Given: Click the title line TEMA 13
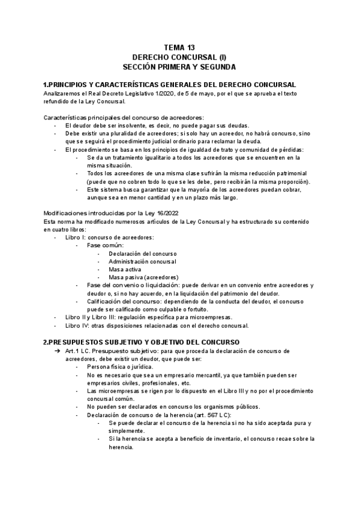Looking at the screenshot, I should [179, 47].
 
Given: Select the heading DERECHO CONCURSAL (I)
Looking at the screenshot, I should [179, 56].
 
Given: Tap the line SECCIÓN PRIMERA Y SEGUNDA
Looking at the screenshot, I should [179, 67].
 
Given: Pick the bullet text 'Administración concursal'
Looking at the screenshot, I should [142, 262].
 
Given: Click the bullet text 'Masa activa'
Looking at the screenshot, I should [125, 270].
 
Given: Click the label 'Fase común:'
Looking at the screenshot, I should [105, 245].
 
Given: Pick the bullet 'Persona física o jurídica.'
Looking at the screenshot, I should [120, 366].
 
